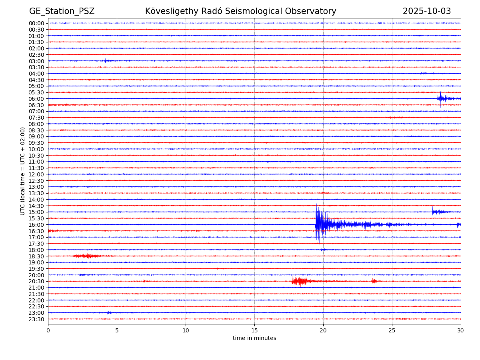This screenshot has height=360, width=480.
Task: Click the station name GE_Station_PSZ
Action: [62, 11]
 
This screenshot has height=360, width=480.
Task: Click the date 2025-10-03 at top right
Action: [426, 11]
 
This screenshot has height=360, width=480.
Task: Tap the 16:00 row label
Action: [36, 225]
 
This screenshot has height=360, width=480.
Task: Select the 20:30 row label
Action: [36, 281]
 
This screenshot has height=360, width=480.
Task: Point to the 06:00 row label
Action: [36, 99]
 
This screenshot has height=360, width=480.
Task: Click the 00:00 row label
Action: [36, 23]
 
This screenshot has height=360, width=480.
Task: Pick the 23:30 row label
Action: [36, 319]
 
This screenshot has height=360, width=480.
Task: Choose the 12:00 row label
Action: [36, 174]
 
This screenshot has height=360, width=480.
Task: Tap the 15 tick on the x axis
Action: [254, 330]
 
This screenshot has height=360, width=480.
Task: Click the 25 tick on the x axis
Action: [392, 330]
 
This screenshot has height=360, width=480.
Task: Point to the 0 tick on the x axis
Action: [48, 330]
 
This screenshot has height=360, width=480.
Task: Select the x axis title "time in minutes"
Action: [254, 338]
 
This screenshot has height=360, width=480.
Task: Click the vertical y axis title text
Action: [23, 171]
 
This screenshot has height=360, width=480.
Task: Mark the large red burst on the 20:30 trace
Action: [299, 281]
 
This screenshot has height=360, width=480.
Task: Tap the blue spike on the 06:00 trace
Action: [440, 98]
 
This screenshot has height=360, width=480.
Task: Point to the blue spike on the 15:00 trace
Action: [433, 212]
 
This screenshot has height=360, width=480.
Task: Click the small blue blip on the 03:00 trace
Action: [106, 61]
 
